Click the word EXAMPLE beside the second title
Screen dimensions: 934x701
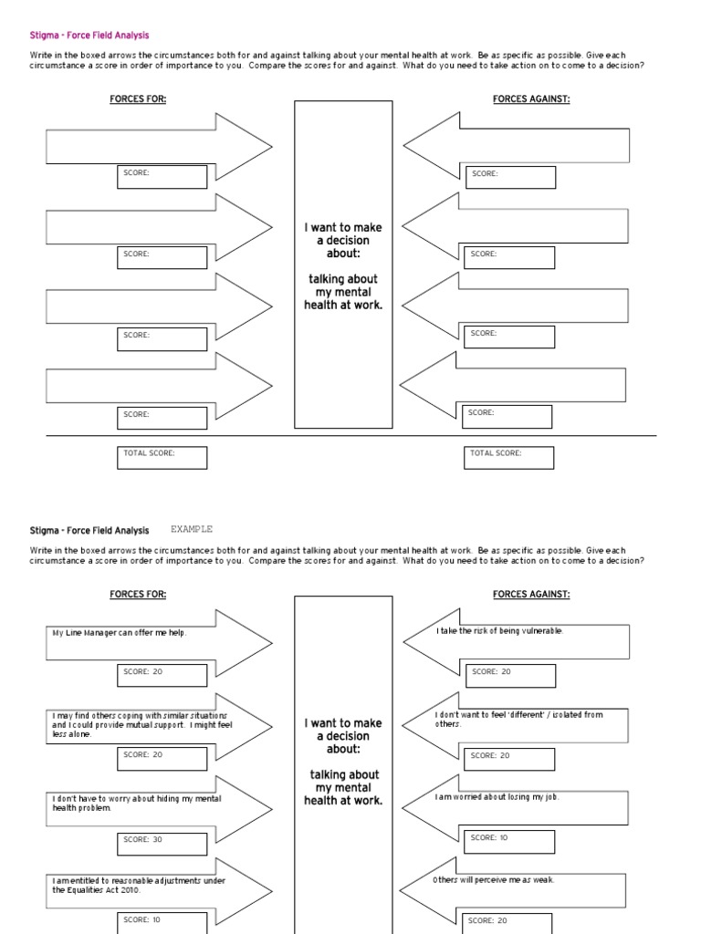tap(191, 529)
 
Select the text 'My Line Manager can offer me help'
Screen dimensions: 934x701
tap(120, 633)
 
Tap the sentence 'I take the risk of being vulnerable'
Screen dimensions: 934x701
tap(499, 631)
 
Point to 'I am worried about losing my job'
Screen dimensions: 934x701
tap(497, 796)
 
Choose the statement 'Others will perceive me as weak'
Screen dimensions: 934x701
tap(494, 879)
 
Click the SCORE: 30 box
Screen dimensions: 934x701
tap(162, 839)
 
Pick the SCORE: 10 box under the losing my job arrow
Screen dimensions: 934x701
tap(509, 837)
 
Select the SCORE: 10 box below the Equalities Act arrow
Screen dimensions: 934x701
tap(162, 920)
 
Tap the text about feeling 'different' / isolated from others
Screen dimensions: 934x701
tap(518, 719)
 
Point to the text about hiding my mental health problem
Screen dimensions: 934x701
tap(137, 803)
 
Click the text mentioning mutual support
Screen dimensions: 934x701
tap(141, 724)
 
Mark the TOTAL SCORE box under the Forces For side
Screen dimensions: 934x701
tap(162, 457)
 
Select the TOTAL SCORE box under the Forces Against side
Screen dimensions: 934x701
tap(507, 457)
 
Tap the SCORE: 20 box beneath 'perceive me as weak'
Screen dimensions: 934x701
tap(507, 921)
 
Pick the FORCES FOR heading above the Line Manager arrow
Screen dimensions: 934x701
tap(138, 595)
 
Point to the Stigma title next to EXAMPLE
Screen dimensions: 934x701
tap(89, 530)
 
